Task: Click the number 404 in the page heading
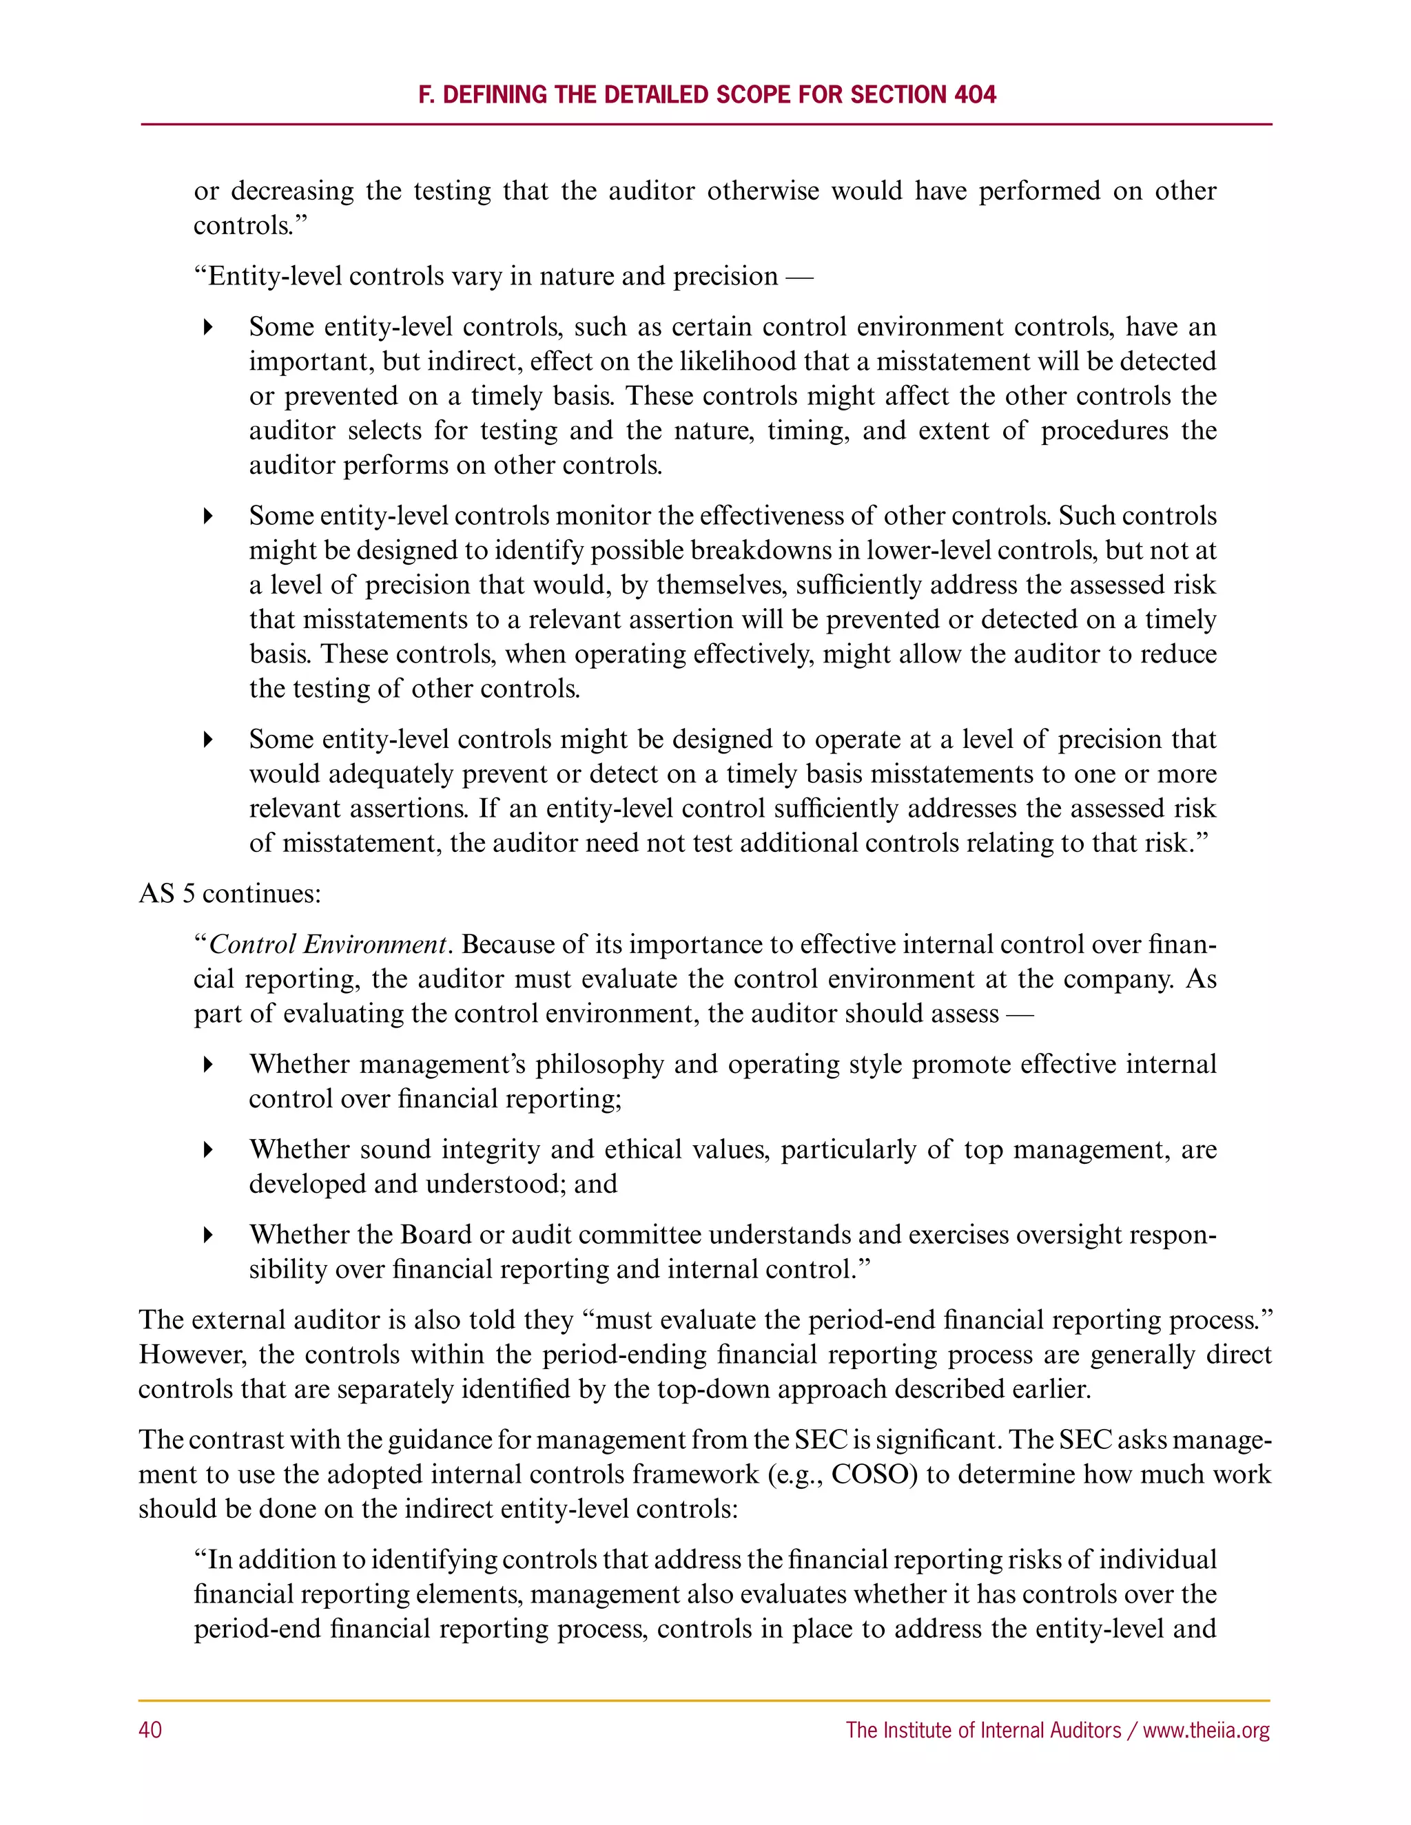click(975, 94)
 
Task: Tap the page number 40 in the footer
click(150, 1730)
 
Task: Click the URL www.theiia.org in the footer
click(1206, 1730)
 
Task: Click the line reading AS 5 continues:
click(230, 893)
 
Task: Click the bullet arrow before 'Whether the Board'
click(208, 1235)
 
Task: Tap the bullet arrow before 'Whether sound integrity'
click(208, 1150)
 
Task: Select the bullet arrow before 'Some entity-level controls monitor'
click(208, 516)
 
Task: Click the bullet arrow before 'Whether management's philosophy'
click(208, 1065)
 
